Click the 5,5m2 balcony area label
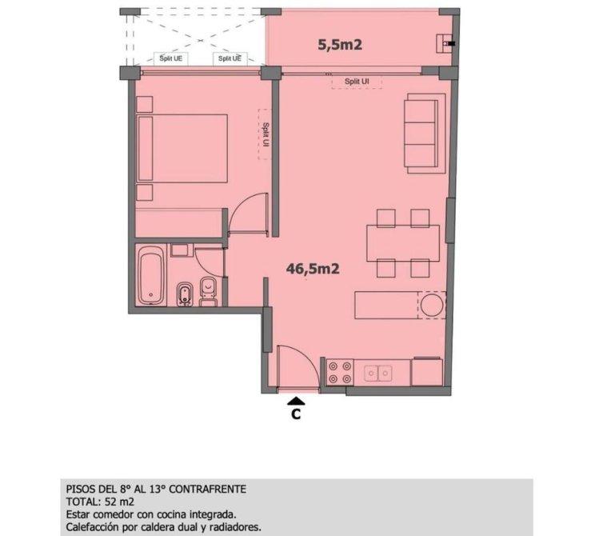(x=340, y=45)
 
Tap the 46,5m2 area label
(x=313, y=269)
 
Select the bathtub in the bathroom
(x=151, y=275)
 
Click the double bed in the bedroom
(x=183, y=148)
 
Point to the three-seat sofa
(x=425, y=134)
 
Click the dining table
(x=403, y=243)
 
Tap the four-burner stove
(x=340, y=372)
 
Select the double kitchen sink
(x=378, y=373)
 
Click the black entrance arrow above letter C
(x=296, y=401)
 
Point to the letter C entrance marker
(x=296, y=414)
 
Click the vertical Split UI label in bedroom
(x=266, y=134)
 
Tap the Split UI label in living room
(x=357, y=82)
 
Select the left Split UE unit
(x=171, y=58)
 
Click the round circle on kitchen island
(x=432, y=306)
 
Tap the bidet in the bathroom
(x=185, y=294)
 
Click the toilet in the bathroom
(x=208, y=291)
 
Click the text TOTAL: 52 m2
(x=100, y=502)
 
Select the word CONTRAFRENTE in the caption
(x=208, y=489)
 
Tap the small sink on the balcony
(x=445, y=43)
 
